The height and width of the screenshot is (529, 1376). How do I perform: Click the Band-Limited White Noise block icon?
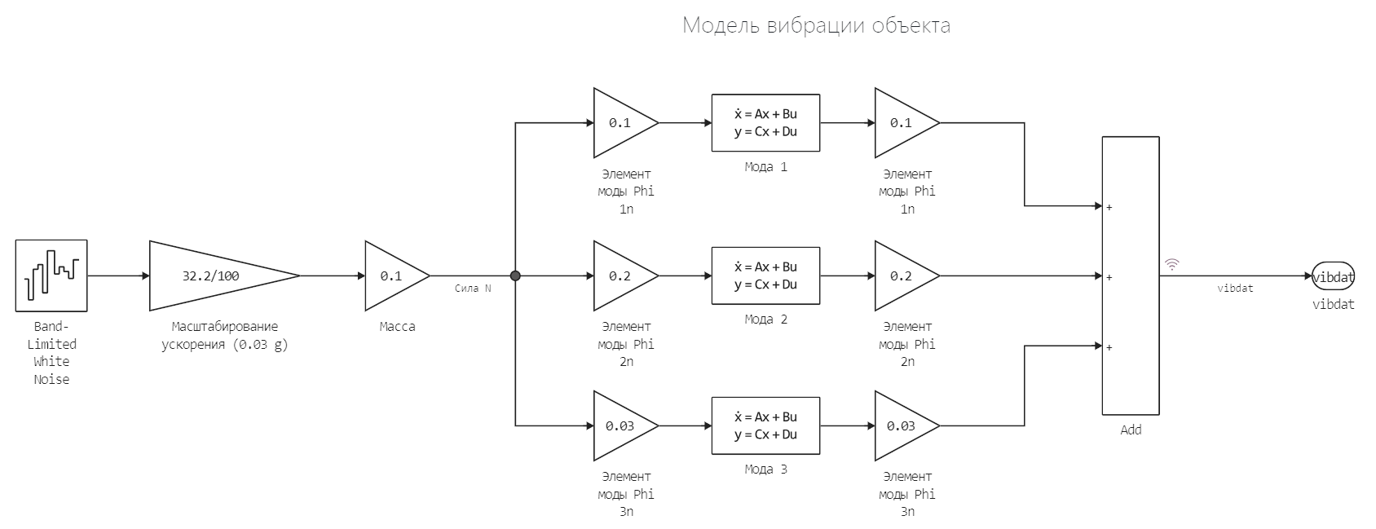coord(51,276)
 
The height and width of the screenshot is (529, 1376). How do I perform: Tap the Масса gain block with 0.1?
coord(393,276)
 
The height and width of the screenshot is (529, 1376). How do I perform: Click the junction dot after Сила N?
coord(515,276)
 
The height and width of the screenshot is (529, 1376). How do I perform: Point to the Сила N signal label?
coord(473,289)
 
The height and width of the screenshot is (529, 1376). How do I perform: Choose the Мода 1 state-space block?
coord(765,123)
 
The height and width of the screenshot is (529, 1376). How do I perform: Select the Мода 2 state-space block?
coord(765,276)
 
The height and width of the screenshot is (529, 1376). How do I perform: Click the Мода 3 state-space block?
coord(765,425)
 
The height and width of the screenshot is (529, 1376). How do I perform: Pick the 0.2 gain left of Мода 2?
coord(622,276)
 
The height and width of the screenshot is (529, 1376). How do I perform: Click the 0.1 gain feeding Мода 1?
coord(622,123)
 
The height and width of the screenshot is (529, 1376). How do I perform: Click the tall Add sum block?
coord(1131,276)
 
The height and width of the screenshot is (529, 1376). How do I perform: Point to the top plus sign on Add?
coord(1109,207)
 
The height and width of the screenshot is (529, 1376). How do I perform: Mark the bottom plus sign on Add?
coord(1109,347)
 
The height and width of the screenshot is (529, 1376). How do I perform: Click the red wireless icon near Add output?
coord(1172,264)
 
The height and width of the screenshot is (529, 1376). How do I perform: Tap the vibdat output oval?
coord(1333,276)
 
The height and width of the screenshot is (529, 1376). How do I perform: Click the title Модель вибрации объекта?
coord(816,25)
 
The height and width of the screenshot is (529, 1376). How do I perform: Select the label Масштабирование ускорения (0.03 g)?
coord(225,335)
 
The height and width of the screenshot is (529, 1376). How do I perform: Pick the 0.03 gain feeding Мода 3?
coord(622,425)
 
